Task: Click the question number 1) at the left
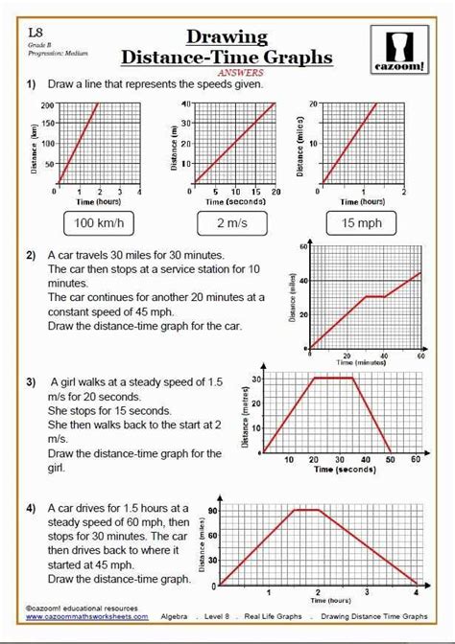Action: pyautogui.click(x=32, y=85)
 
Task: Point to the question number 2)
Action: pyautogui.click(x=32, y=256)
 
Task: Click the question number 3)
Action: pyautogui.click(x=32, y=379)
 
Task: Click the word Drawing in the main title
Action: pyautogui.click(x=227, y=36)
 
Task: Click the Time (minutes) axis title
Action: pyautogui.click(x=363, y=363)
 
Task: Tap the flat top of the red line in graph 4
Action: pyautogui.click(x=307, y=510)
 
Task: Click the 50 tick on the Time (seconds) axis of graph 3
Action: pyautogui.click(x=390, y=459)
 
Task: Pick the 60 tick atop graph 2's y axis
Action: pyautogui.click(x=302, y=247)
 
